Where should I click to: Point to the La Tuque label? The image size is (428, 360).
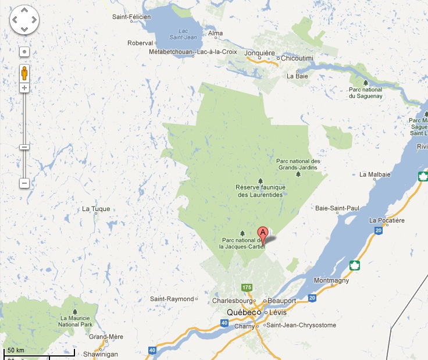96,209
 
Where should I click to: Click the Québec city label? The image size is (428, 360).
242,312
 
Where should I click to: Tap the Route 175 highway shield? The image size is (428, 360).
247,287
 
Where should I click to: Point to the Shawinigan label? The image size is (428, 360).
101,354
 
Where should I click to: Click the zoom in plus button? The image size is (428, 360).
24,88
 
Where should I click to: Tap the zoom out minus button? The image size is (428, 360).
24,183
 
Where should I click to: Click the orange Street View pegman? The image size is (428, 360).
24,73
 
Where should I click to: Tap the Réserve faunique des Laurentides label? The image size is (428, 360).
260,191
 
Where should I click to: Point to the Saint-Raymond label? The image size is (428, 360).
172,299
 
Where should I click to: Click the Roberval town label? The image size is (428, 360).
140,42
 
